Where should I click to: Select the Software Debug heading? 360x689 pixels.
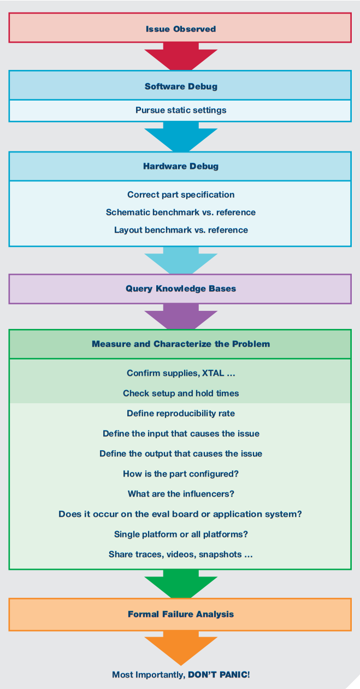(181, 86)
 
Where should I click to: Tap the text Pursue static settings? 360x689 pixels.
(181, 110)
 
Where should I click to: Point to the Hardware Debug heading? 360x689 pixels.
(181, 166)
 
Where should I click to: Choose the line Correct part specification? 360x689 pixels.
(181, 195)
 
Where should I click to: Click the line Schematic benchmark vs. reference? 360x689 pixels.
(181, 212)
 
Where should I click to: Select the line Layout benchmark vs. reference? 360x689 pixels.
(181, 230)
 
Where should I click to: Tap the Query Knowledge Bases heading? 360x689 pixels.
(181, 288)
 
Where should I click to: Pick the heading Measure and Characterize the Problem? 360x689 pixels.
(181, 344)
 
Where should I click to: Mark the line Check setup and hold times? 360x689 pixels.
(181, 393)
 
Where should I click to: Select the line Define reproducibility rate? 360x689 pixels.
(181, 414)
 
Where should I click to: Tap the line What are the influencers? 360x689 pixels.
(181, 494)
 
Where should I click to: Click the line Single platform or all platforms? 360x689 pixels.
(181, 534)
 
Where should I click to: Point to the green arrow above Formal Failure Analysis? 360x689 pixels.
(181, 584)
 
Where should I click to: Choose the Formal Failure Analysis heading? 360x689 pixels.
(181, 614)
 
